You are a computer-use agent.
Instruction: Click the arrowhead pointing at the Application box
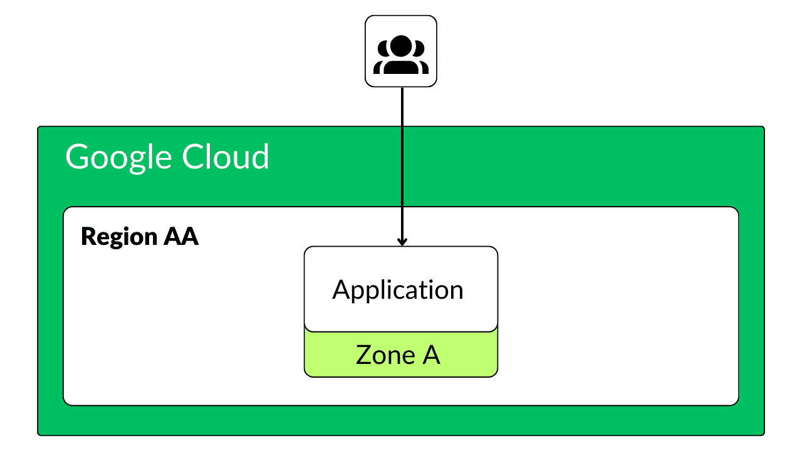[x=402, y=241]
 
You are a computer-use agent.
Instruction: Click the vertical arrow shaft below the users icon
[x=402, y=163]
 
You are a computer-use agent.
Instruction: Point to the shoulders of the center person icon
[x=401, y=66]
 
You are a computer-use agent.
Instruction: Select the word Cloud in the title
[x=226, y=157]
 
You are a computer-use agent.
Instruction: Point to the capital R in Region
[x=88, y=237]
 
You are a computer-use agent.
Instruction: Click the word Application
[x=398, y=291]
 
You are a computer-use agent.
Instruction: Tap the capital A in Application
[x=341, y=290]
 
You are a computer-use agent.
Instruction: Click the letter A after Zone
[x=430, y=355]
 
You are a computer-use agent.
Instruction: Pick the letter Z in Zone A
[x=363, y=355]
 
